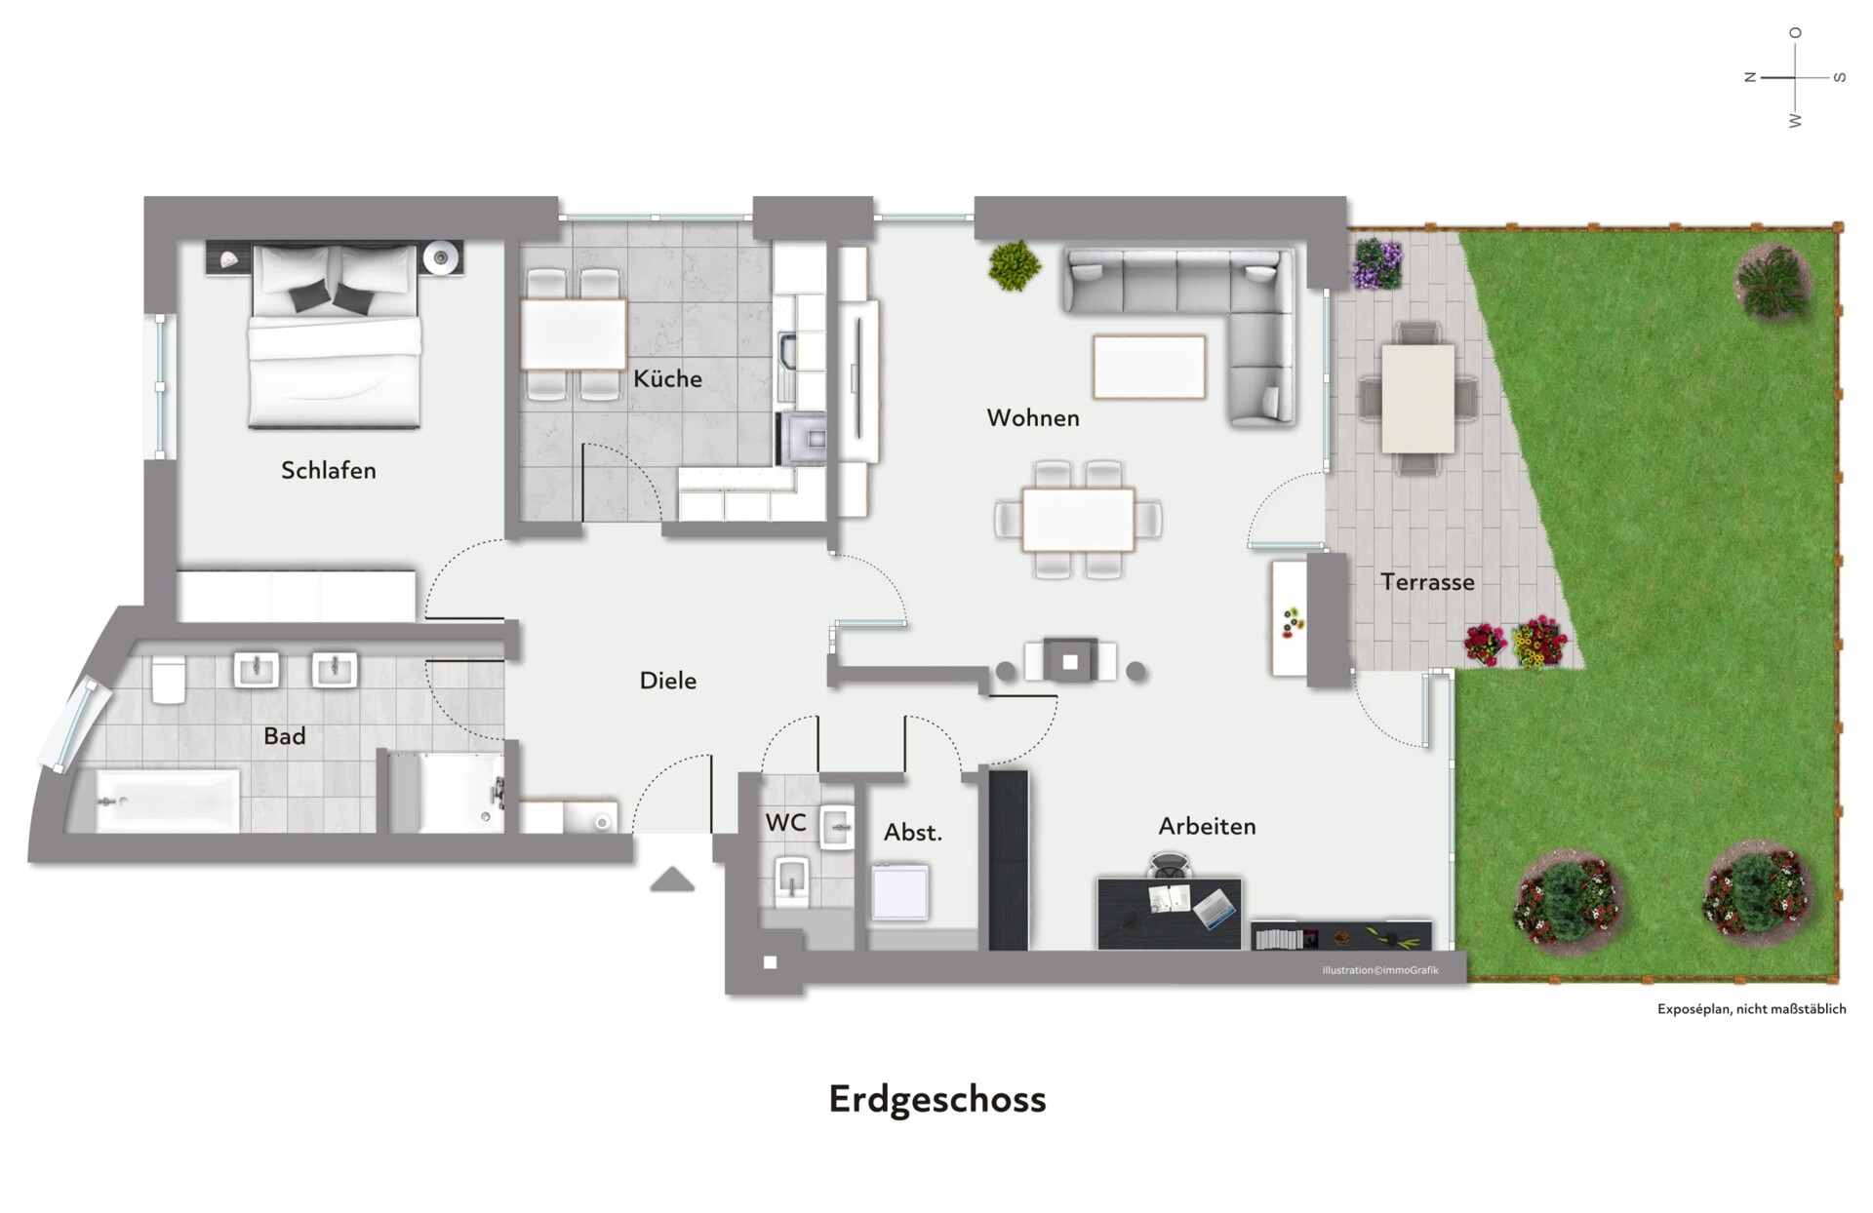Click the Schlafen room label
tap(328, 470)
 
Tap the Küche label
tap(667, 378)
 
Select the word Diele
tap(667, 681)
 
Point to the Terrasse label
tap(1427, 582)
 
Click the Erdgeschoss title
tap(937, 1100)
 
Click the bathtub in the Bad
tap(167, 801)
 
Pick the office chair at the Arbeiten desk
tap(1170, 865)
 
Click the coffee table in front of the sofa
tap(1149, 367)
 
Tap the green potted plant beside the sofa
tap(1015, 265)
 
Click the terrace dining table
tap(1417, 398)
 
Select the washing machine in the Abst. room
tap(899, 892)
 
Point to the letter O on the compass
tap(1795, 33)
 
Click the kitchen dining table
tap(573, 334)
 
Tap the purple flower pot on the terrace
tap(1377, 263)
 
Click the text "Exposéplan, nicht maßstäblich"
tap(1751, 1009)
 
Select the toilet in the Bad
tap(169, 680)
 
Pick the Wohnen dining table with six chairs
tap(1078, 519)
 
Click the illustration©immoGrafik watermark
tap(1380, 970)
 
